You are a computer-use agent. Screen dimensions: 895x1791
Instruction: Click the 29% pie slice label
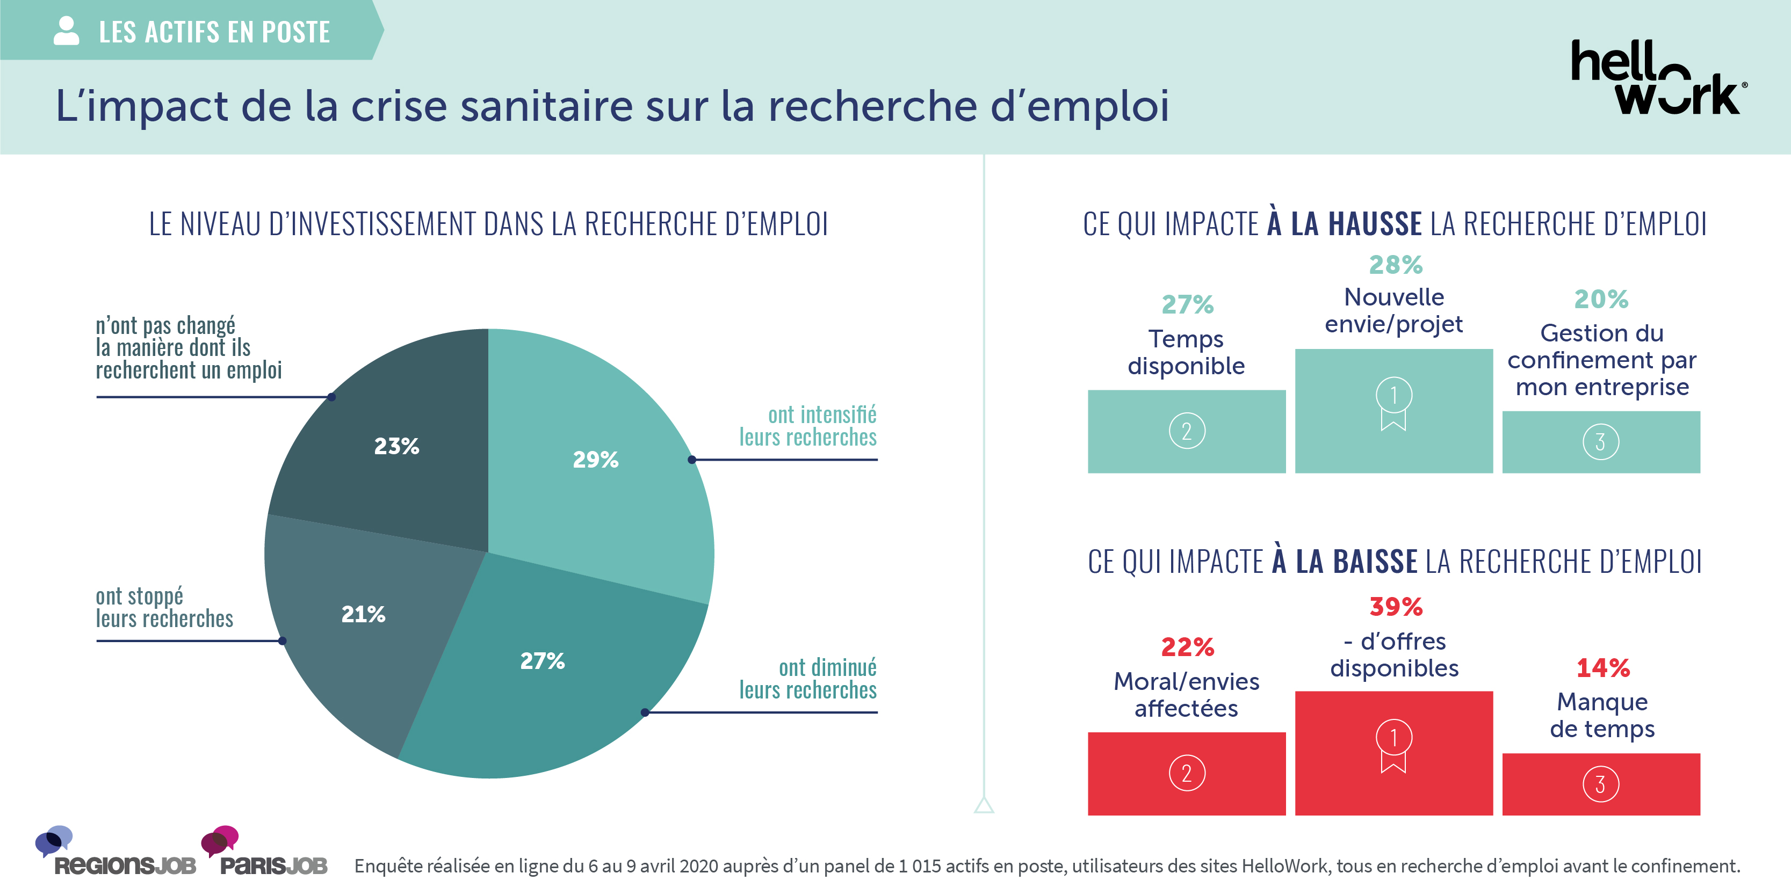tap(595, 460)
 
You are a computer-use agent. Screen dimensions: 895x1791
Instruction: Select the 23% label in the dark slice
tap(396, 446)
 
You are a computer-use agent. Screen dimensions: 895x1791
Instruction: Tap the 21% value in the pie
tap(363, 614)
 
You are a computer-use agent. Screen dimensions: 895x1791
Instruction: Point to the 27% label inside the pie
tap(543, 661)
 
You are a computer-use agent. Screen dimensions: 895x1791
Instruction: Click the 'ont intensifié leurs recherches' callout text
tap(807, 426)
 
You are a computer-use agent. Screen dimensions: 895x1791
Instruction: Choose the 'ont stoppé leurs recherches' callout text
tap(164, 607)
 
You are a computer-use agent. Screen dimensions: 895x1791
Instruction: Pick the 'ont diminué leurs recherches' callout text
tap(807, 679)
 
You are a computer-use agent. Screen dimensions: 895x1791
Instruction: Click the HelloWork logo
tap(1658, 78)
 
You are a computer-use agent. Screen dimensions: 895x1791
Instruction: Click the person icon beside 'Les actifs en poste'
tap(66, 31)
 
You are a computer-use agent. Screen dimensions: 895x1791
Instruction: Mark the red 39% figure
tap(1396, 607)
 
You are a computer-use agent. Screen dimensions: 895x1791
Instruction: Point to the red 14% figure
tap(1602, 668)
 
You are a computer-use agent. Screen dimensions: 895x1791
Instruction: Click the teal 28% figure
tap(1396, 265)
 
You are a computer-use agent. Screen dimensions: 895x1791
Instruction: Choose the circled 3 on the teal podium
tap(1600, 442)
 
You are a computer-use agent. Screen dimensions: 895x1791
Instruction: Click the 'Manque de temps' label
tap(1602, 716)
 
